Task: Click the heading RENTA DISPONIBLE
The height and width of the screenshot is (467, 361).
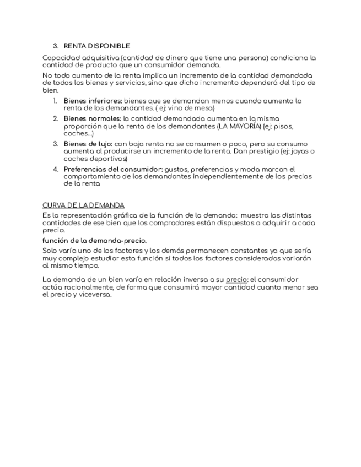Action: (96, 46)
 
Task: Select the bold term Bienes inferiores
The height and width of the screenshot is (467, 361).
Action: (93, 101)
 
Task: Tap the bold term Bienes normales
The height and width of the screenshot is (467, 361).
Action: (92, 118)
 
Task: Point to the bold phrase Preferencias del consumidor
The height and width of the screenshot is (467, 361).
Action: (112, 169)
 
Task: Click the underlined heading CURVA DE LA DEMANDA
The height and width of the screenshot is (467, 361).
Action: (83, 204)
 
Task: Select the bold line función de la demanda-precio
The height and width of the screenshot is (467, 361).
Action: (94, 240)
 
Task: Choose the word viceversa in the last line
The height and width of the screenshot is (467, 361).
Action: (95, 295)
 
